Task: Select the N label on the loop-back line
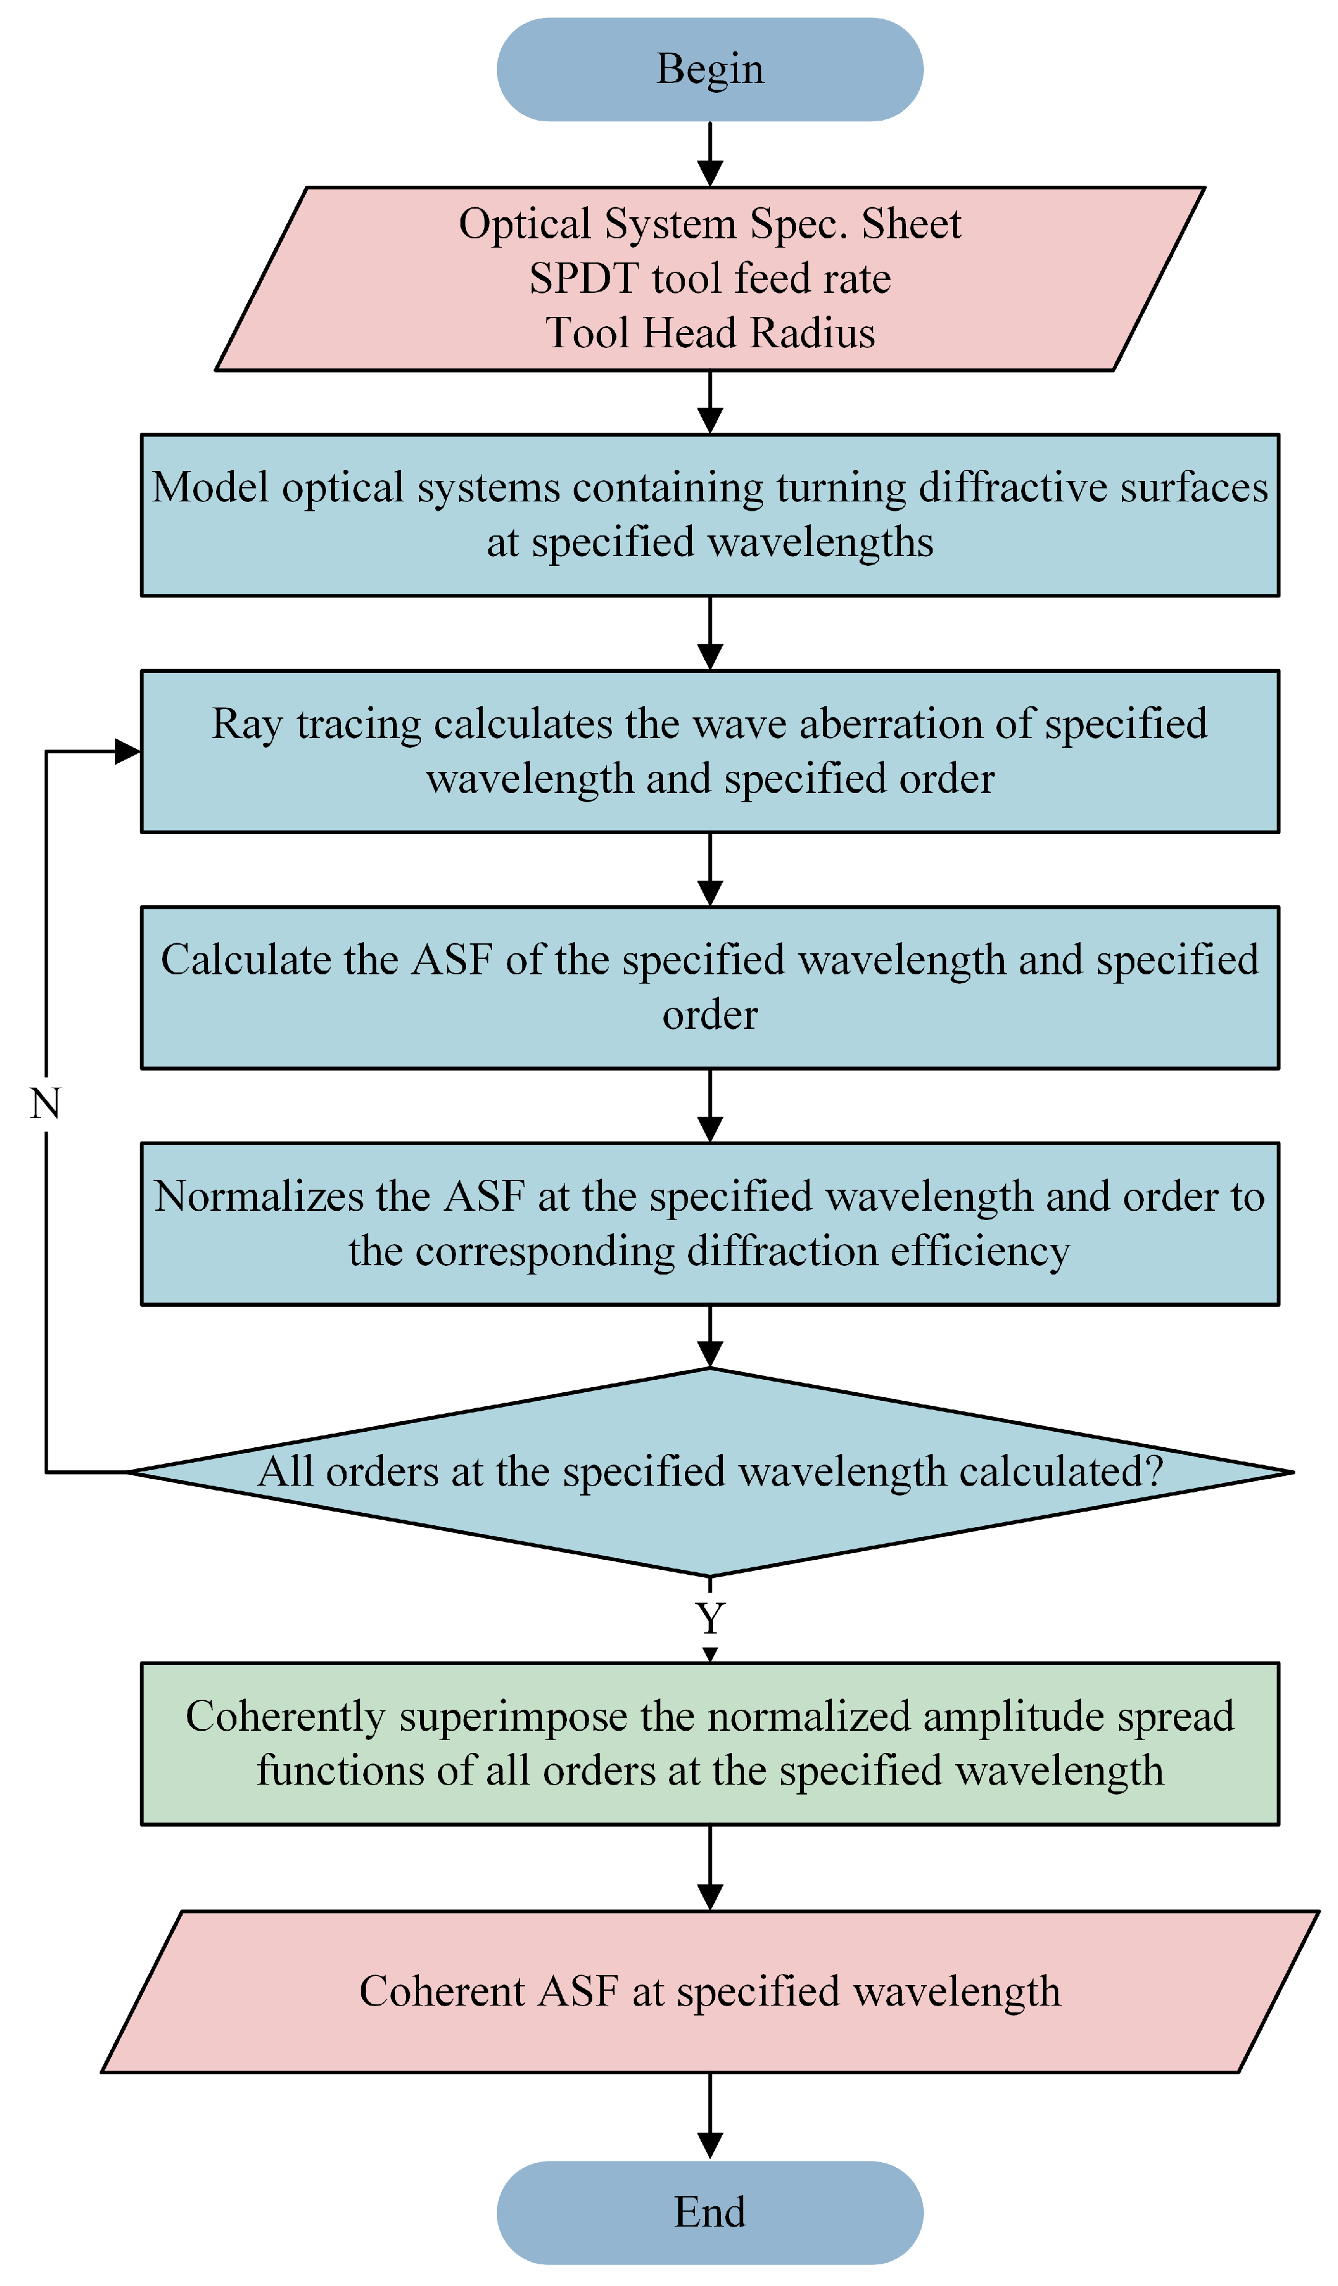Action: tap(45, 1104)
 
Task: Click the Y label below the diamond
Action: tap(710, 1618)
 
